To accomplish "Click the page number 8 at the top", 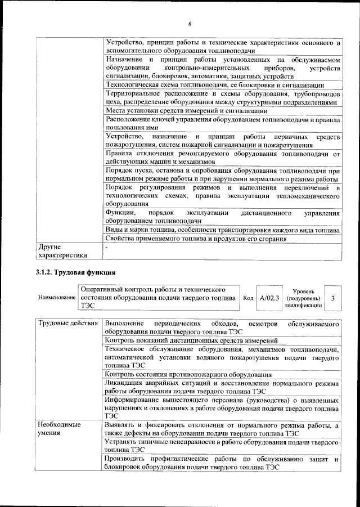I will pyautogui.click(x=190, y=24).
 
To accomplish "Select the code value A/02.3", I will pyautogui.click(x=269, y=298).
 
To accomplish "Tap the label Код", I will pyautogui.click(x=247, y=298).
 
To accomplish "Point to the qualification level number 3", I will pyautogui.click(x=334, y=298).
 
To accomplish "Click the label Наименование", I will pyautogui.click(x=56, y=298).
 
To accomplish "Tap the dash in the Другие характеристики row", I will pyautogui.click(x=106, y=247).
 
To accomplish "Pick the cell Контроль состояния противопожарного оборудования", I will pyautogui.click(x=188, y=375).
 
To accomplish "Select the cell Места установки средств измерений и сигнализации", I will pyautogui.click(x=179, y=111).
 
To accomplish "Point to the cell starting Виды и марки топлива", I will pyautogui.click(x=222, y=230).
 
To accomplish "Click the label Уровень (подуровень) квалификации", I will pyautogui.click(x=303, y=298).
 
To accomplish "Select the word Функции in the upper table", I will pyautogui.click(x=120, y=213).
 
